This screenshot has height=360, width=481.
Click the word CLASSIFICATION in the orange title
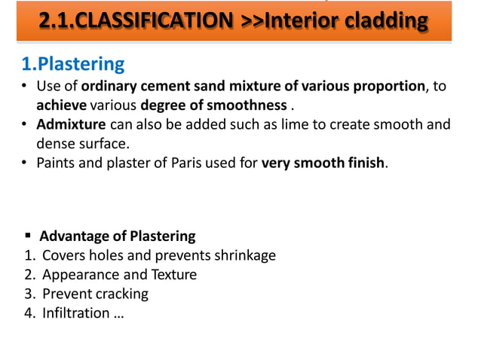tap(151, 22)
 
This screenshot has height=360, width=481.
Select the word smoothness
tap(251, 105)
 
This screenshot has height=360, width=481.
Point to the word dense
tap(56, 142)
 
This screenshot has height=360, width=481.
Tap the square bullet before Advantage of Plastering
tap(27, 236)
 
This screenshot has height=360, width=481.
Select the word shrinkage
tap(244, 255)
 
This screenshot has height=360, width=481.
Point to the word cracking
tap(122, 293)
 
